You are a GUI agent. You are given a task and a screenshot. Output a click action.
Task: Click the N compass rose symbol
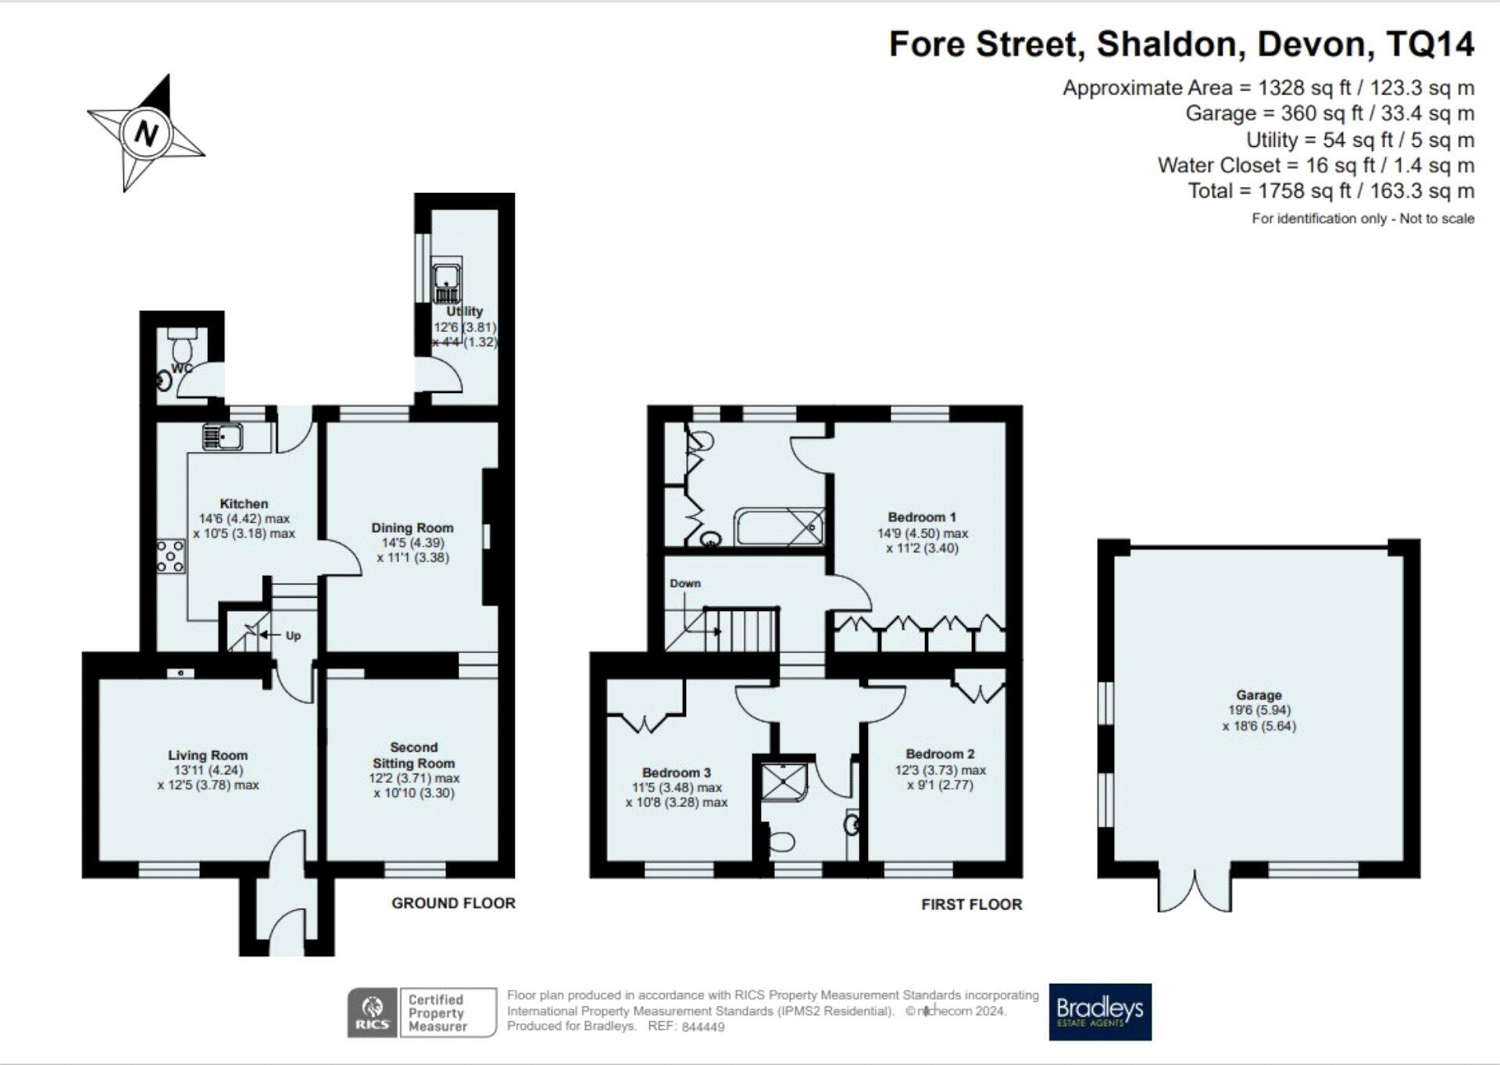click(146, 132)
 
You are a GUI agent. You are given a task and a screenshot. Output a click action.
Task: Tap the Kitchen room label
click(244, 504)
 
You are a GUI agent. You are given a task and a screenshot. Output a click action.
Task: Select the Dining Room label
click(412, 528)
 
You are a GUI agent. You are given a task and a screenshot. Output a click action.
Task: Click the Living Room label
click(208, 756)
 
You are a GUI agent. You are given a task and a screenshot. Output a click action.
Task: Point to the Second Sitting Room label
click(413, 756)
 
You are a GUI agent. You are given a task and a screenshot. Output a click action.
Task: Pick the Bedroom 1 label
click(922, 517)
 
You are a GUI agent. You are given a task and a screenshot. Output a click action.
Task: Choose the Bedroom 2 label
click(940, 754)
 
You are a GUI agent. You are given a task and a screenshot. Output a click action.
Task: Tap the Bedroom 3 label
click(677, 773)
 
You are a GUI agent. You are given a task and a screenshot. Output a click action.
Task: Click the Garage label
click(1259, 695)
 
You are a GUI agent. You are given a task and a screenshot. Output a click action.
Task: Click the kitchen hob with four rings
click(170, 556)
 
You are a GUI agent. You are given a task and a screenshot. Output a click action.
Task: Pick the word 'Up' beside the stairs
click(293, 636)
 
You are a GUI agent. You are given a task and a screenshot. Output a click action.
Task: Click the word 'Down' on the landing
click(685, 584)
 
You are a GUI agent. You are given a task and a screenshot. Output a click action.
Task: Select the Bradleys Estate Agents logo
click(1100, 1012)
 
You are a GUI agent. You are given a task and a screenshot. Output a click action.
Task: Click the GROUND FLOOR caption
click(453, 903)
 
